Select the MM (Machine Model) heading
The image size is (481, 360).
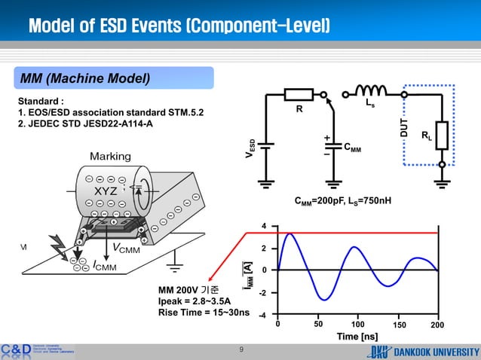click(x=85, y=78)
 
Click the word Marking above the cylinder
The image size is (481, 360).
click(x=111, y=156)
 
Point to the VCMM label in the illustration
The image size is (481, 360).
click(x=125, y=249)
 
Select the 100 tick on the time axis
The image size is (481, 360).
click(x=358, y=324)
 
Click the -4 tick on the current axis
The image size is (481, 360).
click(x=262, y=315)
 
